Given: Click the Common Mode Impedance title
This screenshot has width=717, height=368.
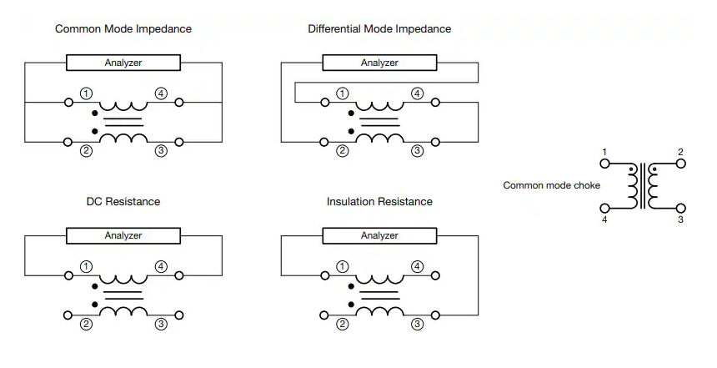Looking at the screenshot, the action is pos(123,29).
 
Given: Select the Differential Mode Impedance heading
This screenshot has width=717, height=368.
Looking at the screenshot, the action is pos(379,29).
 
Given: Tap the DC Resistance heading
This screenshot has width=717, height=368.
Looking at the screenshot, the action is pos(123,201).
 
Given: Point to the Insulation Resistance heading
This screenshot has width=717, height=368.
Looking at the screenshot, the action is pos(379,201).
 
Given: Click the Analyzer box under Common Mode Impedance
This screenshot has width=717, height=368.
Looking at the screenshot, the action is pos(123,63).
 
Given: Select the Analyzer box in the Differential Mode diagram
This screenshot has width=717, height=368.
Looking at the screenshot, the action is pos(379,63).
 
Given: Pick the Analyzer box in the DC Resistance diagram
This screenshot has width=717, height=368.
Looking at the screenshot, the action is pos(123,235).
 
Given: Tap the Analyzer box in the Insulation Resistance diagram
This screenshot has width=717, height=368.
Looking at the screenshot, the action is pos(379,235).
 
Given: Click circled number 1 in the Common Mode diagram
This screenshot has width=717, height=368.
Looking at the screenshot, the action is pos(86,93).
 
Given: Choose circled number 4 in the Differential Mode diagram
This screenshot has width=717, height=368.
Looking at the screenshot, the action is pos(417,93).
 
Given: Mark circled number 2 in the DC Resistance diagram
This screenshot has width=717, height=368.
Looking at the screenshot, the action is pos(86,324).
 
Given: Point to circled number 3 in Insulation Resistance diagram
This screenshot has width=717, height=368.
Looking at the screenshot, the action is pos(417,324).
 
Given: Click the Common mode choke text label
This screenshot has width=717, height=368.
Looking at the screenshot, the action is pos(551,185).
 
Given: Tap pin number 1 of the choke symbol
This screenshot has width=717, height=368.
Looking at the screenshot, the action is pos(604,152).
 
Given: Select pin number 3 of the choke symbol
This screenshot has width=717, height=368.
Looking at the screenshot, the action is pos(680,219).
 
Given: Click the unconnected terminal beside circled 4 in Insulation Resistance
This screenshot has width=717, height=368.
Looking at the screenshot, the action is pos(435,275).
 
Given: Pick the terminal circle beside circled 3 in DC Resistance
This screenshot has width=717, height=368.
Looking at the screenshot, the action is pos(179,315).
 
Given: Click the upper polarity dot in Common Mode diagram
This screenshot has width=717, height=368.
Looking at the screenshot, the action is pos(95,113).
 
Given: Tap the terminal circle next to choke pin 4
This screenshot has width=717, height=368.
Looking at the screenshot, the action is pos(604,209).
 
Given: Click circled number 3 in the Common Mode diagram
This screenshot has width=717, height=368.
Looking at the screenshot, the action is pos(161,151).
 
